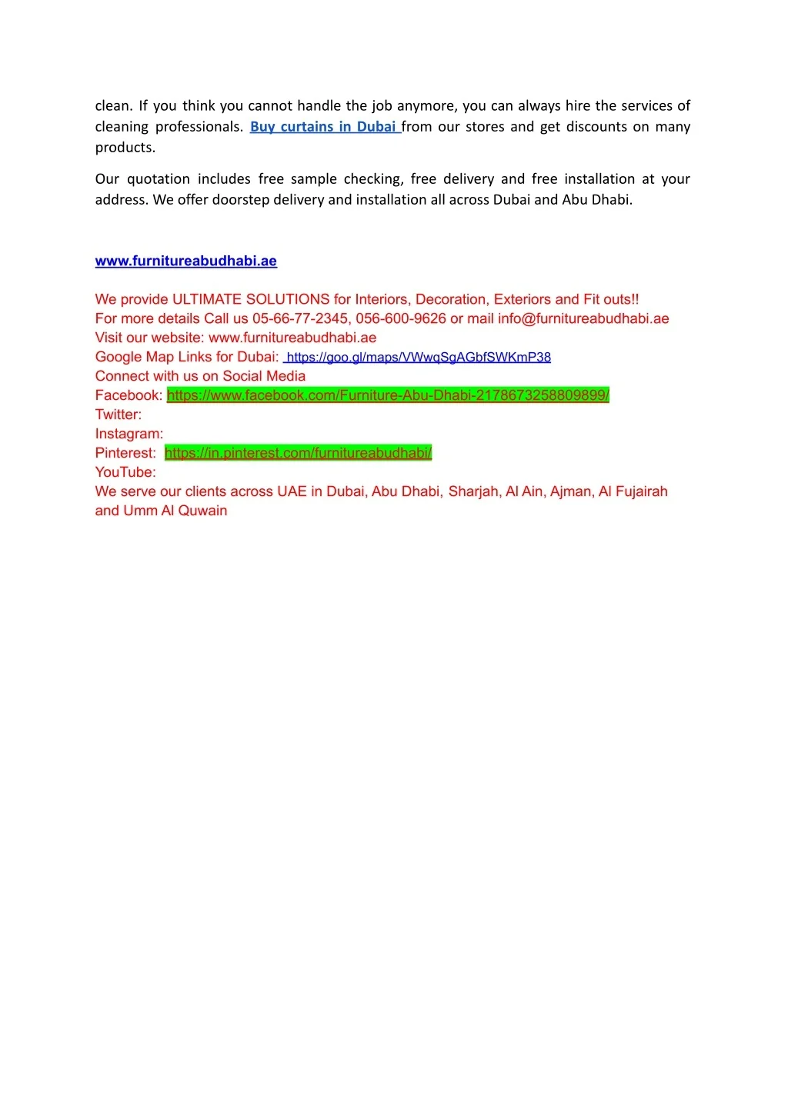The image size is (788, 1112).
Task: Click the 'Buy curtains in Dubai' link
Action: (323, 127)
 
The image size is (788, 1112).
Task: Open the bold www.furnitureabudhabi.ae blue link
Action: (185, 261)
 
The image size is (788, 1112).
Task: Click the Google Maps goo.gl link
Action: (419, 358)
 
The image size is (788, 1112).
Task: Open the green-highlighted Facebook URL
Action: (388, 395)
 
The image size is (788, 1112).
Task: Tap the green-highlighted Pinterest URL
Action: (298, 453)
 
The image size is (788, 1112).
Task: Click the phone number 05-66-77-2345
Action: (300, 319)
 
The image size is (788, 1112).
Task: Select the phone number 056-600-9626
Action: (400, 319)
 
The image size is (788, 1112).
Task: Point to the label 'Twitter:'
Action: (119, 415)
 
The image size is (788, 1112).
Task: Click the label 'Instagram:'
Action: (129, 434)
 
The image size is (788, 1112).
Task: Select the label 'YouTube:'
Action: (125, 472)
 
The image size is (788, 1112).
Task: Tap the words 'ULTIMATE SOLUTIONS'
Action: (251, 300)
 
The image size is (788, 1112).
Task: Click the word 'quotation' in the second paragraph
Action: (159, 179)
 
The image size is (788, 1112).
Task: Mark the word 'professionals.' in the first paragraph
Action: (199, 127)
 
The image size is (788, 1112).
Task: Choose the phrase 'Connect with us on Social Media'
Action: (200, 376)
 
